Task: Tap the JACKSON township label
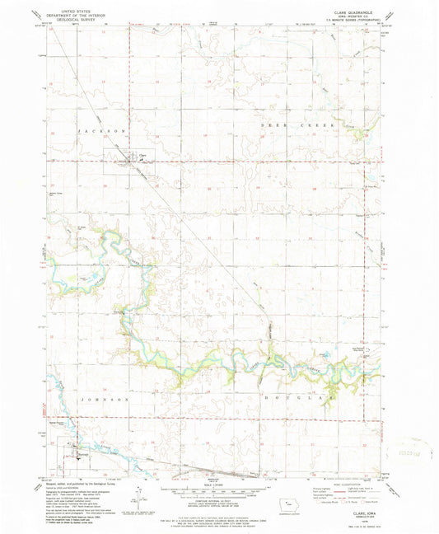pos(102,131)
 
